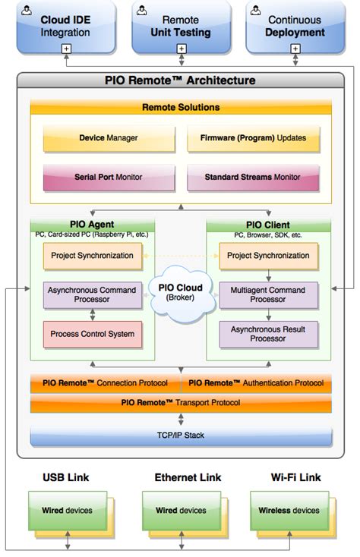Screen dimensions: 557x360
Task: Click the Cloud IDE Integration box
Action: click(66, 27)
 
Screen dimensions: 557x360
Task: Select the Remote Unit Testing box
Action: click(180, 27)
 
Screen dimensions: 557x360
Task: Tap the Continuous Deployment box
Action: click(294, 27)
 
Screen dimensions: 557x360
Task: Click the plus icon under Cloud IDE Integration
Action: click(66, 49)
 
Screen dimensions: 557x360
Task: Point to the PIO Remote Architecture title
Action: click(180, 80)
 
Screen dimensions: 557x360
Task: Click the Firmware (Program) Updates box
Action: click(252, 139)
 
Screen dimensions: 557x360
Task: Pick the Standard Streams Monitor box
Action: click(252, 177)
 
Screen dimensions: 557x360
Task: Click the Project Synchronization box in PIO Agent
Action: click(92, 256)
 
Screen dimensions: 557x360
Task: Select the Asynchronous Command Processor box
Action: click(92, 295)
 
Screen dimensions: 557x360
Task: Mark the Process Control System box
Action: click(92, 334)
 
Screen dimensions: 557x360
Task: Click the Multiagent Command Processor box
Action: click(268, 295)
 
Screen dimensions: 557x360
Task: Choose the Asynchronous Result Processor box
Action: click(268, 334)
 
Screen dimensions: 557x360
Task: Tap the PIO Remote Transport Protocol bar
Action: click(181, 403)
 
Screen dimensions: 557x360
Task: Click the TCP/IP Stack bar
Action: click(181, 436)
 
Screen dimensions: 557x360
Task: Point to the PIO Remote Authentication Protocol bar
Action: click(256, 383)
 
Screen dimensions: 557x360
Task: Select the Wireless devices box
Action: click(289, 511)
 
